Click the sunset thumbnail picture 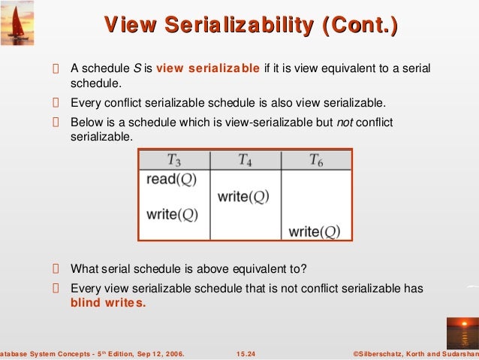(x=461, y=331)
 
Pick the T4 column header (x=245, y=160)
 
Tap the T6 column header (x=316, y=160)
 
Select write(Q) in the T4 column (x=243, y=197)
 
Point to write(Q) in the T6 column (x=315, y=231)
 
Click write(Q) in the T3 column (x=172, y=214)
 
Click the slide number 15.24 (x=245, y=352)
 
